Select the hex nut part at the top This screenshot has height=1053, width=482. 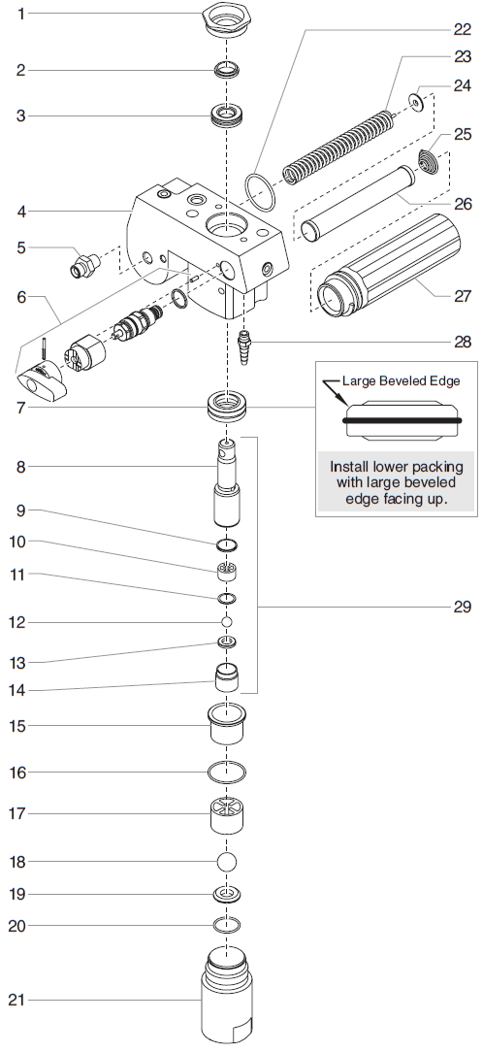pyautogui.click(x=228, y=18)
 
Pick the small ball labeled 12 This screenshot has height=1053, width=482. pyautogui.click(x=227, y=621)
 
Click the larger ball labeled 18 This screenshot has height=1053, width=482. pyautogui.click(x=227, y=861)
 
